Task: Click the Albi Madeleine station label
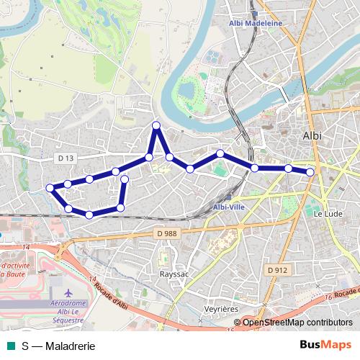256,23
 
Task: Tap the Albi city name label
312,135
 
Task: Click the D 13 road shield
64,158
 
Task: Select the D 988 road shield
166,233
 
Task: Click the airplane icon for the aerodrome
68,294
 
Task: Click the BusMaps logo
325,345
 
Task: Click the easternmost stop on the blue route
310,172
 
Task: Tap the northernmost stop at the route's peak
156,126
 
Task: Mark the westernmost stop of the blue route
50,188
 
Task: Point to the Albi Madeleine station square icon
255,14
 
